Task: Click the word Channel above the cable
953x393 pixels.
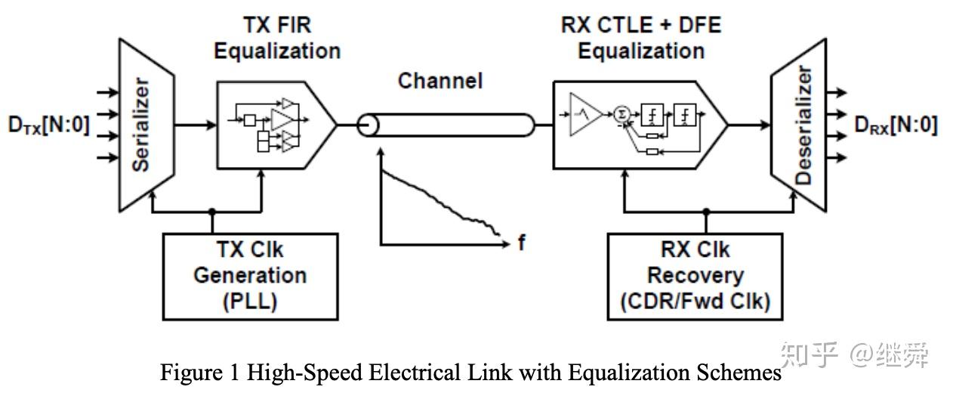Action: [x=440, y=81]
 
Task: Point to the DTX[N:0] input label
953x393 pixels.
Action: [x=49, y=125]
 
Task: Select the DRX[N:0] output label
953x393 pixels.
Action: [x=896, y=125]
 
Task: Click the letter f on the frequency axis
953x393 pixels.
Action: [x=522, y=243]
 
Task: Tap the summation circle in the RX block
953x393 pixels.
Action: [x=622, y=114]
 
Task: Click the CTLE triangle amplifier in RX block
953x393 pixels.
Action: [x=585, y=114]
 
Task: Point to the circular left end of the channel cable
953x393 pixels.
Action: [x=367, y=125]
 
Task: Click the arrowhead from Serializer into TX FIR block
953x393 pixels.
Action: [x=211, y=125]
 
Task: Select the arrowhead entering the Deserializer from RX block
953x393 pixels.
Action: [x=766, y=125]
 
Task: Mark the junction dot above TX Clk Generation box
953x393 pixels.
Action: [x=212, y=212]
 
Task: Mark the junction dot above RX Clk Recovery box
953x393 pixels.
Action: [x=706, y=212]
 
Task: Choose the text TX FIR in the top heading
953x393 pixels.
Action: [x=277, y=25]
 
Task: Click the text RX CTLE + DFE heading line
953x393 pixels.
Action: [x=641, y=25]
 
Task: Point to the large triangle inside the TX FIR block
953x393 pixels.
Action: [x=282, y=119]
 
